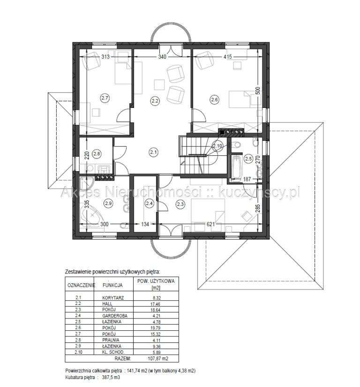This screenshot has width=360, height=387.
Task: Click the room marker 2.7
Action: point(105,98)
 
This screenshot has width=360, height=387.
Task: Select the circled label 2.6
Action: point(214,99)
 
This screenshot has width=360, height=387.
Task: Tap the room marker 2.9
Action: point(108,203)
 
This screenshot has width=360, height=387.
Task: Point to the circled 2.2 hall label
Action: point(155,99)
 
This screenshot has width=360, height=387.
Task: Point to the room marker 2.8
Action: point(97,153)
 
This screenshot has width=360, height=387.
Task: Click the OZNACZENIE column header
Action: point(81,284)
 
